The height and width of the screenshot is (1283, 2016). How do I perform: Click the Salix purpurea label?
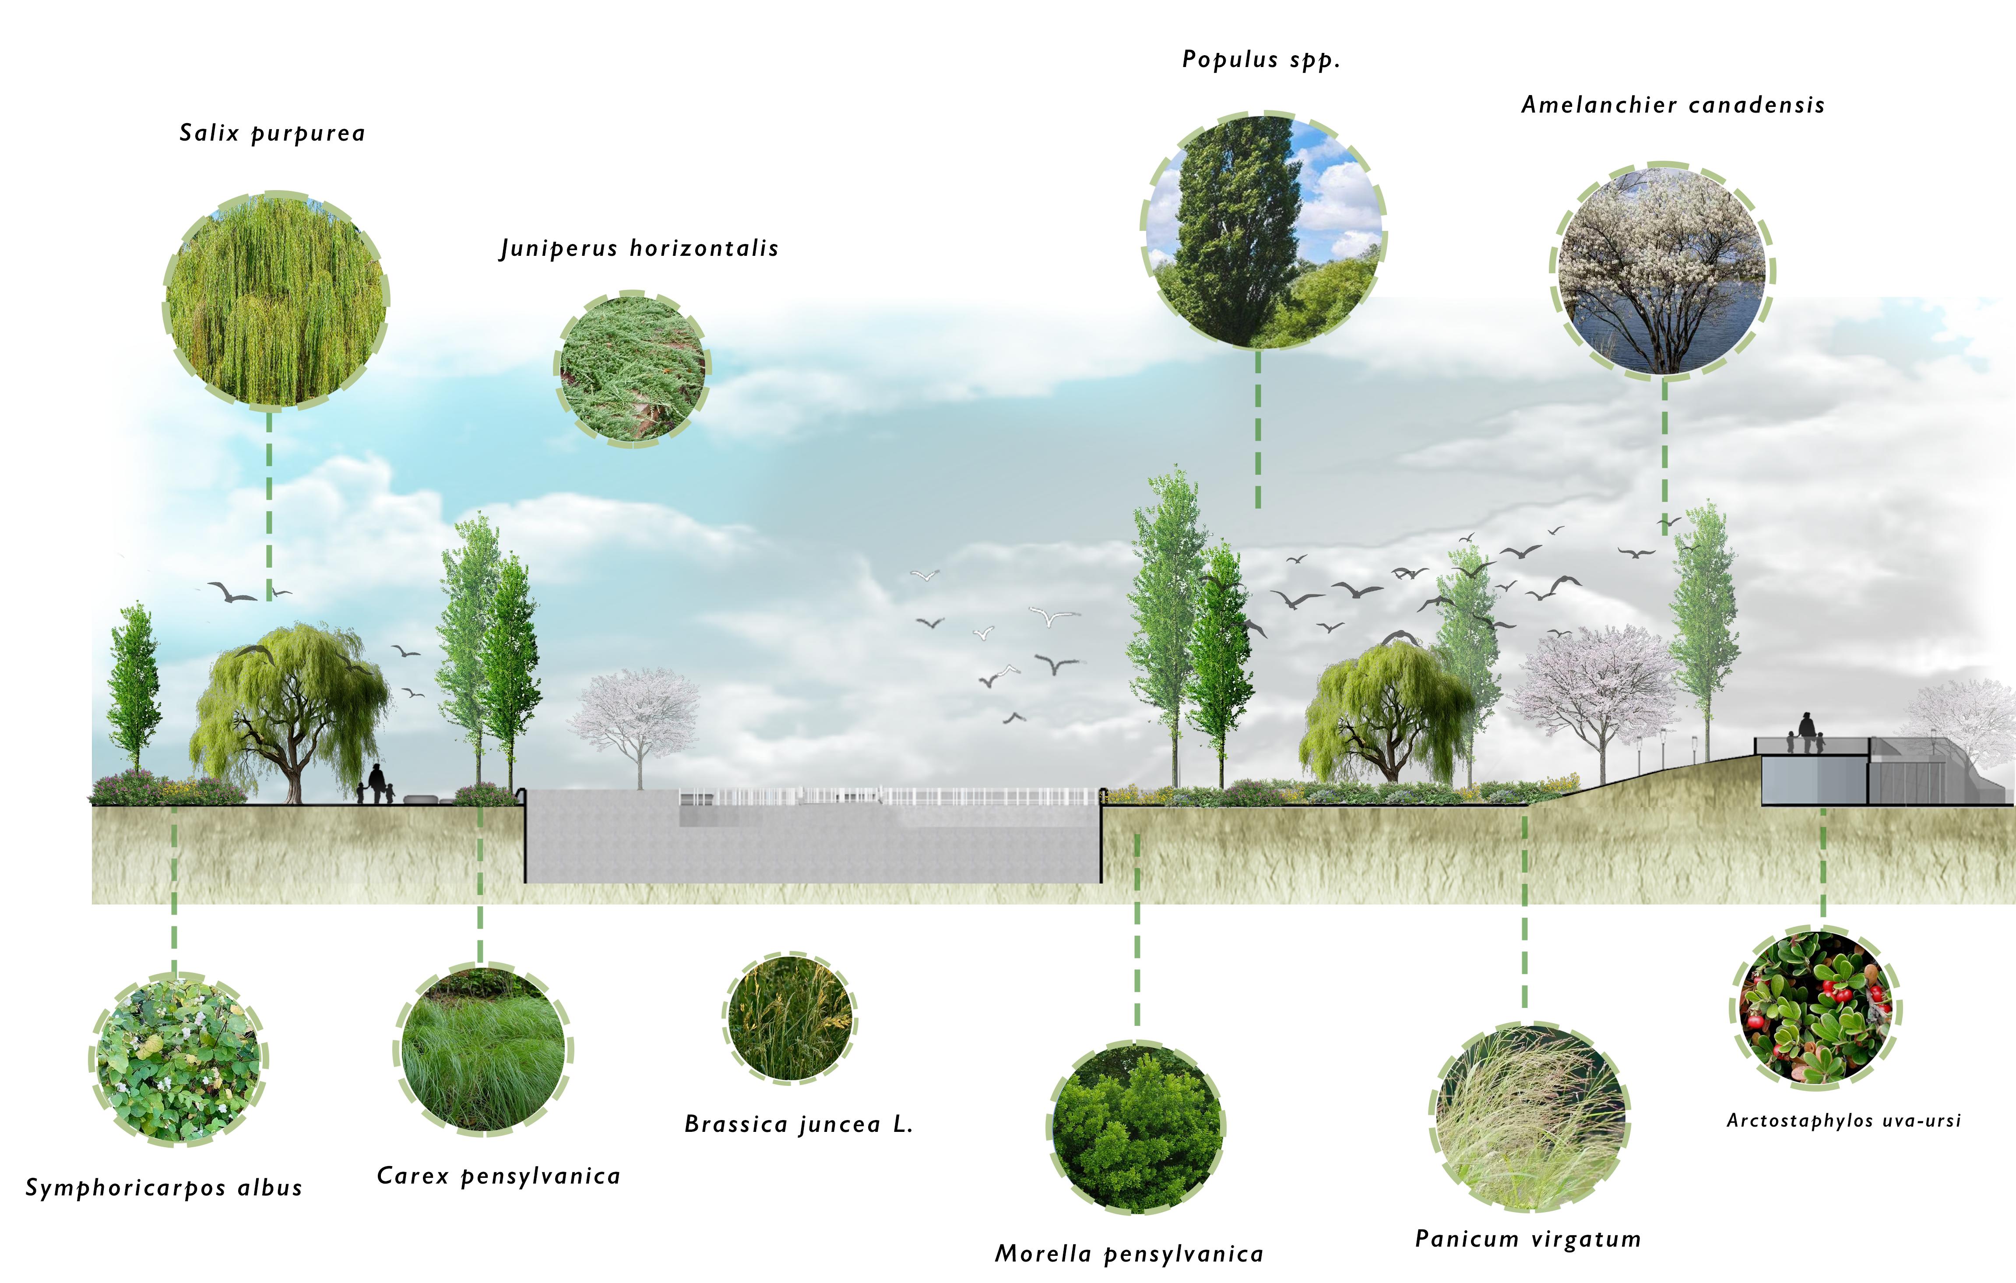[x=272, y=133]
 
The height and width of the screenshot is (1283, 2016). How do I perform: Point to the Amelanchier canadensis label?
[x=1673, y=106]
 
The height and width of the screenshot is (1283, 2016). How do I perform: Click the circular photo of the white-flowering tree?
[x=1663, y=271]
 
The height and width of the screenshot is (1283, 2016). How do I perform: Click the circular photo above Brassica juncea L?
[x=789, y=1018]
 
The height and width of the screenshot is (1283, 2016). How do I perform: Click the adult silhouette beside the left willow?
[x=377, y=781]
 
